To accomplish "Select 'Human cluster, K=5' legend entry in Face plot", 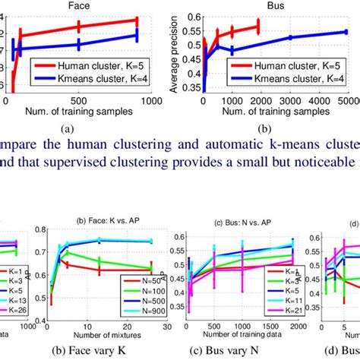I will click(x=95, y=67).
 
